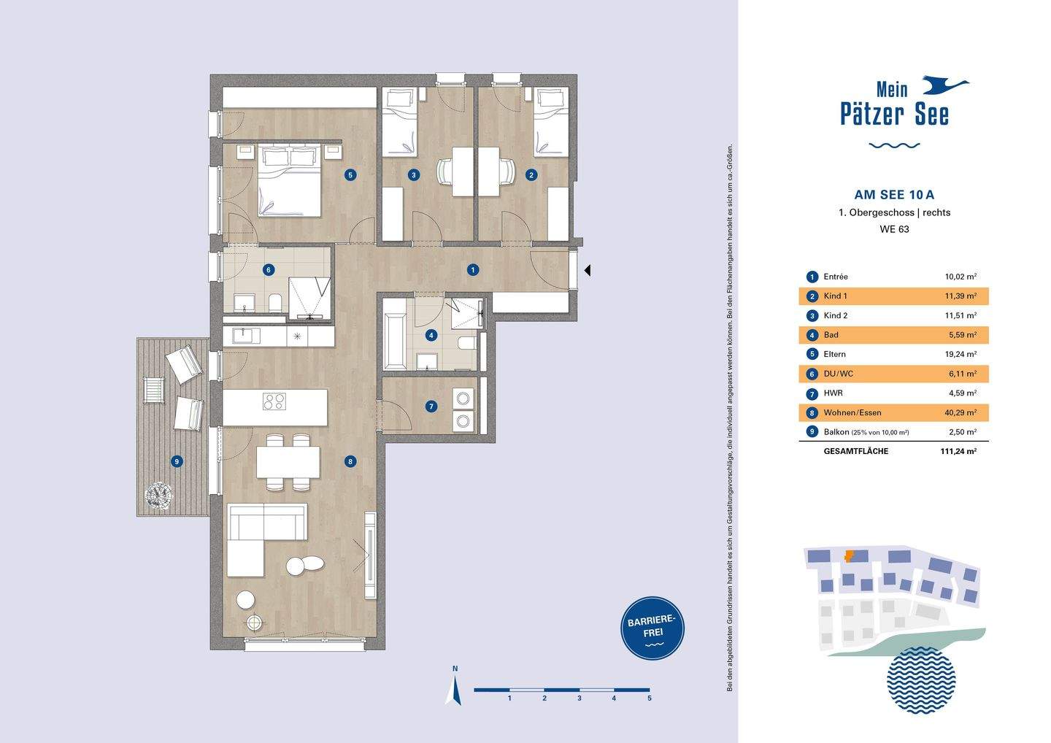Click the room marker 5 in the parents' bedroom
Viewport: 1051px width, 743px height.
pos(350,175)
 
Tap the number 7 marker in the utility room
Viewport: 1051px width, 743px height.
pos(431,407)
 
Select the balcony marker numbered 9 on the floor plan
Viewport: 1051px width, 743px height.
pos(177,461)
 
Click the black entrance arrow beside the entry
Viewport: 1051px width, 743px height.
pos(588,270)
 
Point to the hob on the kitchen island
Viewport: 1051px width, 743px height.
pos(274,401)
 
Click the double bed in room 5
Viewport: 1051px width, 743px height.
pos(289,180)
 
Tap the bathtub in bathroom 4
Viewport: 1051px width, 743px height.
pos(395,335)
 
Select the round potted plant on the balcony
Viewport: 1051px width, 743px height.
pos(158,495)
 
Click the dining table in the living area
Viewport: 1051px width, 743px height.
pos(288,462)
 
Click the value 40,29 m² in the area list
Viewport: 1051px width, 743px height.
pos(960,413)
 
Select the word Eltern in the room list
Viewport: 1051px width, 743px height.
pos(835,354)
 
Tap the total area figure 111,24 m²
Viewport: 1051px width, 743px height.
pos(958,451)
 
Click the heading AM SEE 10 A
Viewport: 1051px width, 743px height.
pos(894,194)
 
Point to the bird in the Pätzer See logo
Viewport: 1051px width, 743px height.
pos(945,85)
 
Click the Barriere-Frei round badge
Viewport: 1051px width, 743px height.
pos(652,628)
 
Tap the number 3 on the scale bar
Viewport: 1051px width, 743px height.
pos(580,698)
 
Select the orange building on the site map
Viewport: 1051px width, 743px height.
pos(849,556)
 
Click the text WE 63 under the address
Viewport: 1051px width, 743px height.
pos(894,229)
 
